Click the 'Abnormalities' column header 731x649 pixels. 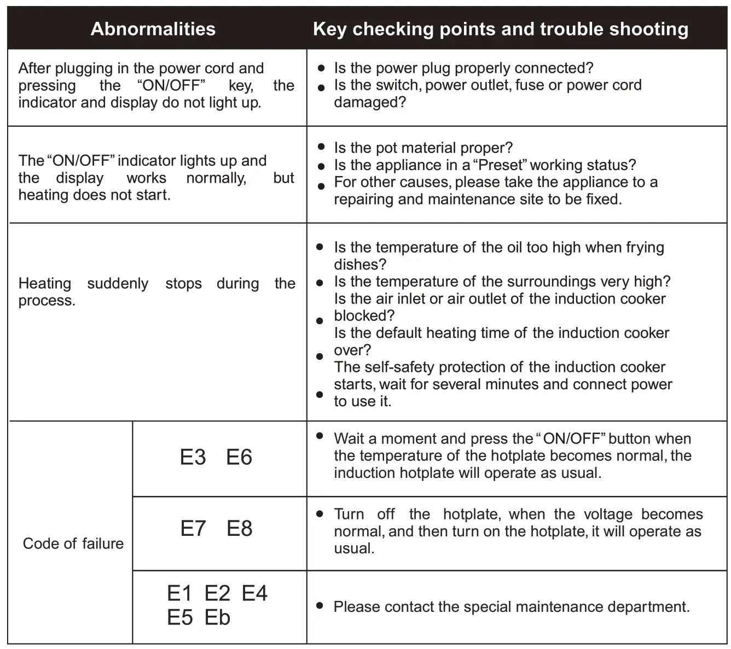[153, 29]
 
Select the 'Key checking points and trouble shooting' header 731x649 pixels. [501, 29]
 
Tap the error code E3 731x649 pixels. [193, 457]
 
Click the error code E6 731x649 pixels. [239, 457]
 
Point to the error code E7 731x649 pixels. [193, 528]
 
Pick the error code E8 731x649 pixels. [240, 528]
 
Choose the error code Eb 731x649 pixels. [217, 618]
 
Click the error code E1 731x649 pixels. [180, 593]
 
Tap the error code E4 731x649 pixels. [254, 593]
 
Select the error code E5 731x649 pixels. [180, 618]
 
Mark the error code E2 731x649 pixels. [217, 593]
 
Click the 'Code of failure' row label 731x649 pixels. [73, 543]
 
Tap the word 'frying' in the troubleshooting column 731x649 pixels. [645, 248]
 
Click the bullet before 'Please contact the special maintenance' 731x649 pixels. [320, 606]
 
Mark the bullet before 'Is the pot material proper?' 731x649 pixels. [321, 147]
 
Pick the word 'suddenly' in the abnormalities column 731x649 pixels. [118, 284]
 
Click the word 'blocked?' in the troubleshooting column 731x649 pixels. [364, 316]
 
